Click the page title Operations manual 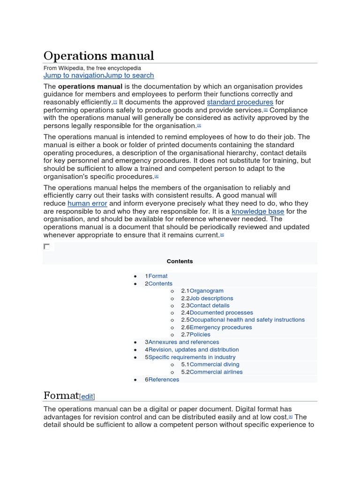(98, 56)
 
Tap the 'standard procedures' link (240, 102)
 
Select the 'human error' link (87, 203)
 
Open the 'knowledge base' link (258, 211)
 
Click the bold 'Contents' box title (180, 261)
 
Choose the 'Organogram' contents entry (206, 291)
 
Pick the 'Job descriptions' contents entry (211, 298)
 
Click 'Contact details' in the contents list (210, 305)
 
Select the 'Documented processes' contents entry (221, 313)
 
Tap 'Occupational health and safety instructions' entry (247, 320)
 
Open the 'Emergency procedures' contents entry (221, 327)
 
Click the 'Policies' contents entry (200, 334)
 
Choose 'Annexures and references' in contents (183, 342)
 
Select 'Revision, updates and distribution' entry (193, 350)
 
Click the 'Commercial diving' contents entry (214, 364)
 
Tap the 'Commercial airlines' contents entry (216, 372)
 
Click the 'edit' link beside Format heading (87, 397)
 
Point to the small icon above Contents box (46, 247)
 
